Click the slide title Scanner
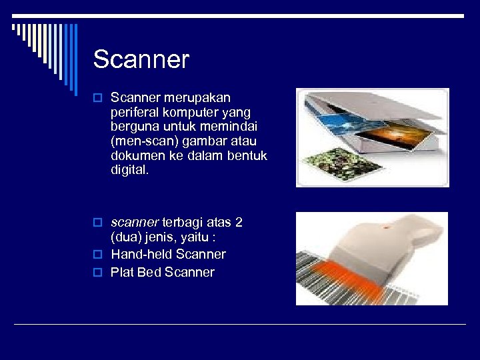tap(141, 59)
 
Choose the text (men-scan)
tap(141, 141)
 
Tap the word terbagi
tap(183, 222)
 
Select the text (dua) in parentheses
tap(126, 237)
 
